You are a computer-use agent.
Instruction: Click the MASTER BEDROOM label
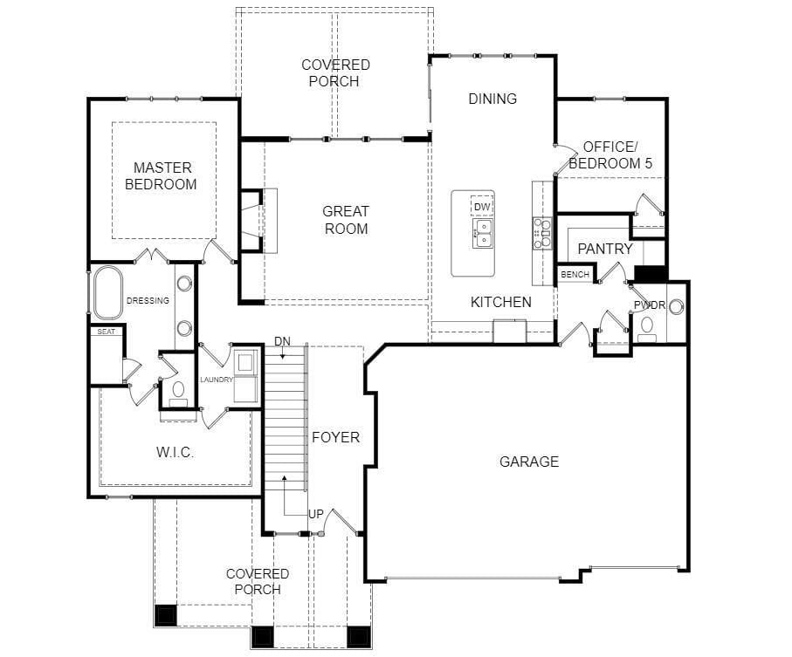162,175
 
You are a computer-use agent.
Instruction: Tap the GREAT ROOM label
346,220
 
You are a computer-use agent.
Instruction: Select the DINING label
492,99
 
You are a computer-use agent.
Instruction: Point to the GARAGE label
529,462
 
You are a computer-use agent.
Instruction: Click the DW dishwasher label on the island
482,207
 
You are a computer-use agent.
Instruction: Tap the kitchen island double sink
483,233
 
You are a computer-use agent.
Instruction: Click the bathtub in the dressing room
107,292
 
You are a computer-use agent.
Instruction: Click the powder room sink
677,305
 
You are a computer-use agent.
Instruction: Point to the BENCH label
575,275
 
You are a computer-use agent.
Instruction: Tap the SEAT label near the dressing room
106,332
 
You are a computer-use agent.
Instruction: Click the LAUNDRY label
217,380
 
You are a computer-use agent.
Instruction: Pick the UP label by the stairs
316,514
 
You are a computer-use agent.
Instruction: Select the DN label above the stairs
282,342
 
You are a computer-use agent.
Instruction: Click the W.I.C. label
175,452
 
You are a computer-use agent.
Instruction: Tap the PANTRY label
605,249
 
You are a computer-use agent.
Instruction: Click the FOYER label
335,437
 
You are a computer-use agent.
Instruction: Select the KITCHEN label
501,302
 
